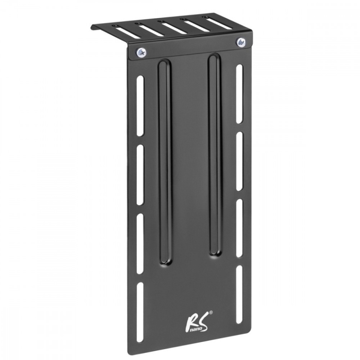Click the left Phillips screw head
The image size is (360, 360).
142,53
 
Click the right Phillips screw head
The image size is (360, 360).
240,42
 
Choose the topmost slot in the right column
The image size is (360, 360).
239,96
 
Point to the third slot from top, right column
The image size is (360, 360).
239,227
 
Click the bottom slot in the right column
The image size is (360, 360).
239,291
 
